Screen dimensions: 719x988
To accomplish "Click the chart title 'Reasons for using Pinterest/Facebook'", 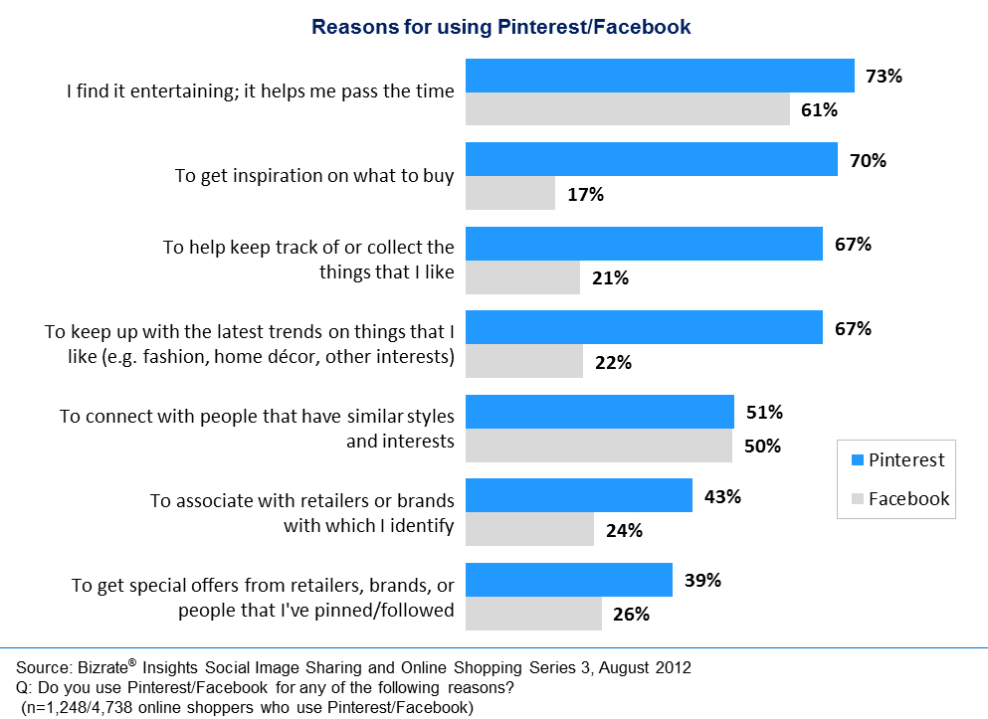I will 500,27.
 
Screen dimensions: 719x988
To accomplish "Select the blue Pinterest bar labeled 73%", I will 660,76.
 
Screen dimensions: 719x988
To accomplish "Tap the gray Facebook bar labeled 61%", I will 628,109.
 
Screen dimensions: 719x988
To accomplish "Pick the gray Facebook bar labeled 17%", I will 510,193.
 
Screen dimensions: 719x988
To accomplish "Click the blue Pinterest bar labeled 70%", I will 652,159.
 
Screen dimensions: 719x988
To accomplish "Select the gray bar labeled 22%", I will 524,362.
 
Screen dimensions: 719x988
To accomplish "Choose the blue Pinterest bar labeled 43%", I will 579,495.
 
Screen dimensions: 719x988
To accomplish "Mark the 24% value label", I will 623,531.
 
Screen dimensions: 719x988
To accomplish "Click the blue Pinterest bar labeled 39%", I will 569,580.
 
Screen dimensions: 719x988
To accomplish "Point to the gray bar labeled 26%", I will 533,614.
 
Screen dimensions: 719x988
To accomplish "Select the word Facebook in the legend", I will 908,499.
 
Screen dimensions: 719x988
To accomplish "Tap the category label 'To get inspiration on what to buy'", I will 314,176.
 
